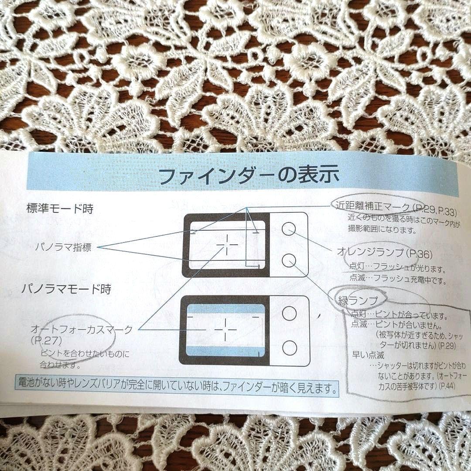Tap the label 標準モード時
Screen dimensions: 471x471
pyautogui.click(x=60, y=208)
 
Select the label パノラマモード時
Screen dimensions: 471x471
pyautogui.click(x=66, y=289)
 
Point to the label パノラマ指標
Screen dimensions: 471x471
pyautogui.click(x=64, y=247)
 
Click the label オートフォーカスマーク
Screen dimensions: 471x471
pyautogui.click(x=82, y=329)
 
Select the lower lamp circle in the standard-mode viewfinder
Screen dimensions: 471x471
pyautogui.click(x=288, y=261)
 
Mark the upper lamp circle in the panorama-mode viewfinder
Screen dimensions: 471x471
pyautogui.click(x=289, y=313)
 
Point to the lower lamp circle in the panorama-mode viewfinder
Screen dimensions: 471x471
pyautogui.click(x=289, y=348)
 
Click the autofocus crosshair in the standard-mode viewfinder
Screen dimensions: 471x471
pyautogui.click(x=227, y=245)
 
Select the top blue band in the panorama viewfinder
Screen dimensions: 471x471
pyautogui.click(x=225, y=308)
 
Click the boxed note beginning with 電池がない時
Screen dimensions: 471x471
pyautogui.click(x=176, y=386)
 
